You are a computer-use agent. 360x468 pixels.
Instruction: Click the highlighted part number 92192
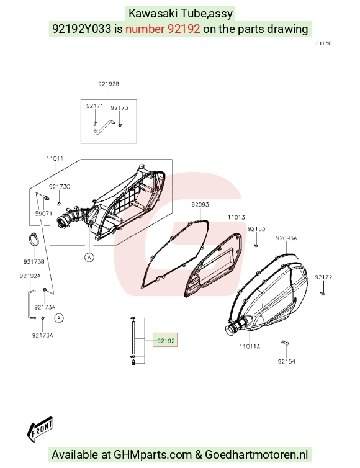[166, 341]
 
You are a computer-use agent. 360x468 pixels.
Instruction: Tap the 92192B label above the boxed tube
[109, 84]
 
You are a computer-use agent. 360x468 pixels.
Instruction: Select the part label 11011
[55, 158]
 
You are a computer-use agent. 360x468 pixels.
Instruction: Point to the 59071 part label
[43, 214]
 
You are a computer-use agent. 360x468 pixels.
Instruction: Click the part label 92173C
[60, 187]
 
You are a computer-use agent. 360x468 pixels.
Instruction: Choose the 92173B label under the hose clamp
[34, 262]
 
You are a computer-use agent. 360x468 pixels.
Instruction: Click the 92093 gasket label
[200, 204]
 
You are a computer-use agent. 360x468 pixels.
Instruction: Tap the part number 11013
[236, 217]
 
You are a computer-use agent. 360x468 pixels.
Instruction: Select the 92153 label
[256, 229]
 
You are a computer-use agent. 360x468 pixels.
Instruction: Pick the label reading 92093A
[287, 238]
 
